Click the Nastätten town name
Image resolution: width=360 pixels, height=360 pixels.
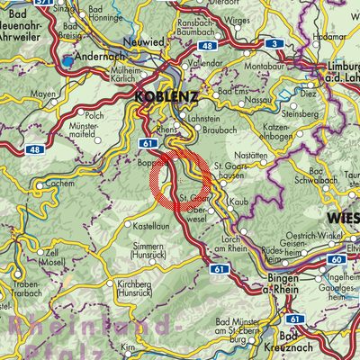(256, 156)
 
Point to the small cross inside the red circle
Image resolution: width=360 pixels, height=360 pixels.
(180, 179)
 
